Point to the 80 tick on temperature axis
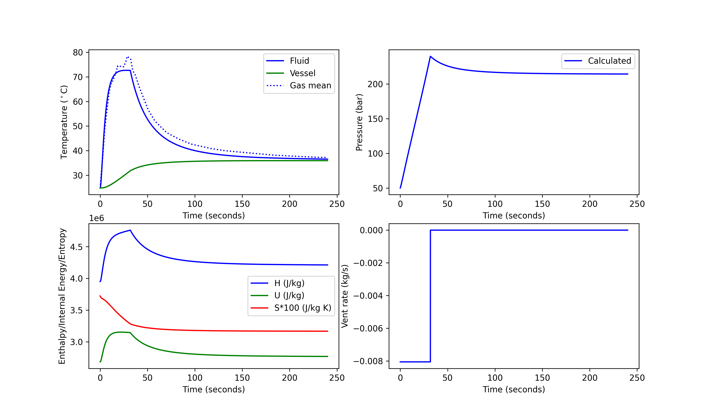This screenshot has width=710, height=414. pos(78,52)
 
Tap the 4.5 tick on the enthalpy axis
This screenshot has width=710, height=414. pos(76,247)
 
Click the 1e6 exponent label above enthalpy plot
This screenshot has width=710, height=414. pos(96,218)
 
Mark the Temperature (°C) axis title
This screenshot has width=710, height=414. pos(64,122)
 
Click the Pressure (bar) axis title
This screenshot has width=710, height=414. pos(359,122)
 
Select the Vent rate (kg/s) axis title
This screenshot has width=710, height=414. pos(345,296)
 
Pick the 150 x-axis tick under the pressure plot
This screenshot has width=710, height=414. pos(542,204)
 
